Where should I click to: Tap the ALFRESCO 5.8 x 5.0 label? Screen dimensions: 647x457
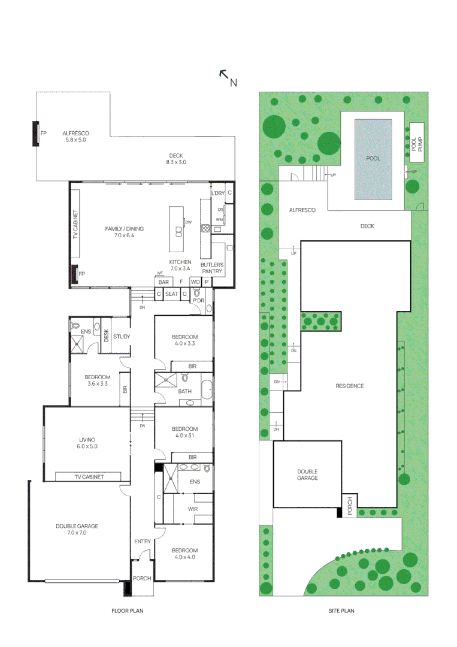tap(75, 136)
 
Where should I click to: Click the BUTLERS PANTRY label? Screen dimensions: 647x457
tap(212, 268)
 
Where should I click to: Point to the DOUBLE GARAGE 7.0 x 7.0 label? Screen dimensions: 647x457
tap(77, 529)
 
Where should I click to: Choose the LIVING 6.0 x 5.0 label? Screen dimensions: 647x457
tap(86, 443)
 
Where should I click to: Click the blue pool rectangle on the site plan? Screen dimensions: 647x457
tap(373, 159)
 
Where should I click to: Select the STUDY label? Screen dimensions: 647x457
tap(122, 337)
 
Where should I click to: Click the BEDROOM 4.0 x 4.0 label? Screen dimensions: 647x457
tap(184, 554)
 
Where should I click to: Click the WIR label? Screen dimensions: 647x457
tap(193, 509)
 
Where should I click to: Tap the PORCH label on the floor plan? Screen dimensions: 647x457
tap(143, 579)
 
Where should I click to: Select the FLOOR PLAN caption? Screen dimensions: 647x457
tap(127, 611)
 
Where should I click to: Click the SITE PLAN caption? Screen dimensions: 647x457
tap(341, 611)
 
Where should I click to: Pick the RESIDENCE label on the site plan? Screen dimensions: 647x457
tap(349, 386)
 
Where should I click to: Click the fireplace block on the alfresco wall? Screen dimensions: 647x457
tap(35, 134)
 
